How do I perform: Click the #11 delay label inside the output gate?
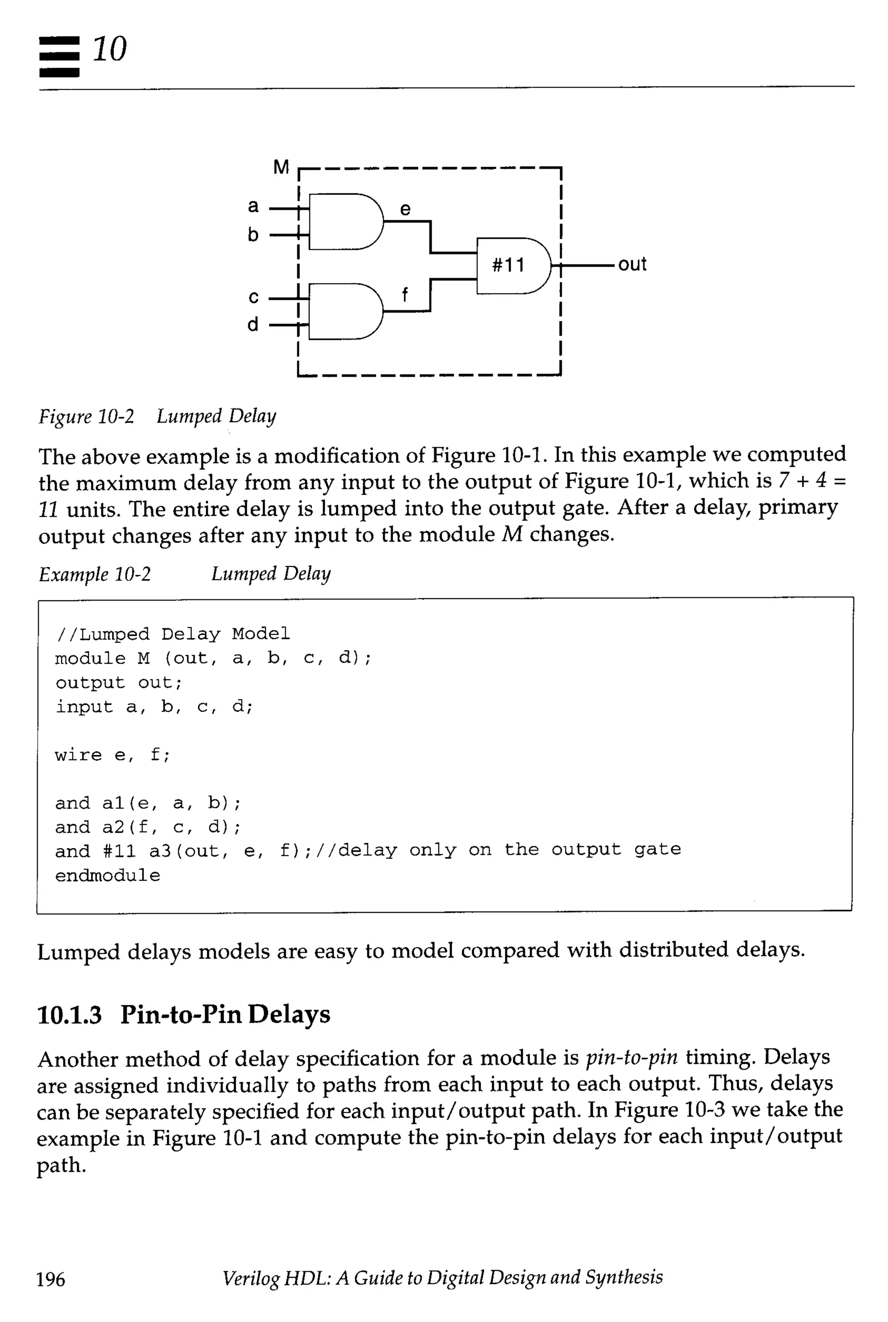508,265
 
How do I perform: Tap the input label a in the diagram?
253,206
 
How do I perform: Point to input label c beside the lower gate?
253,296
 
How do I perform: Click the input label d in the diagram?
253,324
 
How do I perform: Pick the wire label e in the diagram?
405,209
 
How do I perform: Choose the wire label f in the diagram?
405,294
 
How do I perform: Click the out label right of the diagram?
632,264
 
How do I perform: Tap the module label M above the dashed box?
281,167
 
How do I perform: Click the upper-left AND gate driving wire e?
343,221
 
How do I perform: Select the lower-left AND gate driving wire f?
343,311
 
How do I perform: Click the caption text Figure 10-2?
86,417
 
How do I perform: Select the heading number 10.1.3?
69,1014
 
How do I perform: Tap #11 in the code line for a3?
120,851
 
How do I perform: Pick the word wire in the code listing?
78,755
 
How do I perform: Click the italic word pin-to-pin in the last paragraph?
631,1057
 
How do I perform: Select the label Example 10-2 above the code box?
95,574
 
